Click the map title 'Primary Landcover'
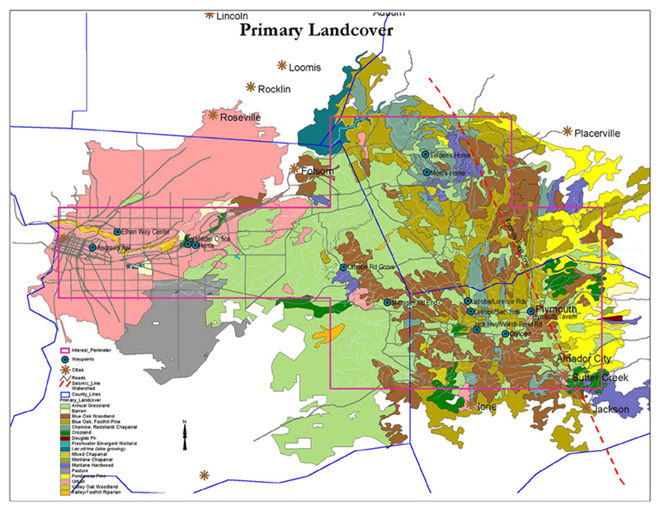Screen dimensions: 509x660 click(x=316, y=31)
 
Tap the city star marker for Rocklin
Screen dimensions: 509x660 click(x=251, y=87)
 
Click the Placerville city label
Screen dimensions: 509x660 click(x=597, y=133)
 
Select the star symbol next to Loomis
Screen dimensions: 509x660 click(x=282, y=65)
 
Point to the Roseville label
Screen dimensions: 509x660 click(x=240, y=118)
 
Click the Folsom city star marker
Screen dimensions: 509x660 click(x=295, y=168)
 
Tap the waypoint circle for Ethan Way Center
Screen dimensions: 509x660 click(x=117, y=232)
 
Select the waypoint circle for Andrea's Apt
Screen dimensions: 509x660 click(x=92, y=247)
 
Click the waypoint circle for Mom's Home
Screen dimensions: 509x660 click(x=425, y=172)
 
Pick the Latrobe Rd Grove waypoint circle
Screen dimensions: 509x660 click(x=344, y=267)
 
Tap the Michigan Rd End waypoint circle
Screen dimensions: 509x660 click(x=388, y=303)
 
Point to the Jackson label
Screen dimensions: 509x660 click(x=611, y=409)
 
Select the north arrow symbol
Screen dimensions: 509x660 click(x=186, y=435)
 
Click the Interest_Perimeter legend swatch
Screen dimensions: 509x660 click(x=64, y=350)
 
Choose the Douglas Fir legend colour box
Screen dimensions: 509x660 click(x=65, y=438)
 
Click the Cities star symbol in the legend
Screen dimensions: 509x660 click(x=64, y=371)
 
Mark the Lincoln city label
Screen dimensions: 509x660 click(x=232, y=15)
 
